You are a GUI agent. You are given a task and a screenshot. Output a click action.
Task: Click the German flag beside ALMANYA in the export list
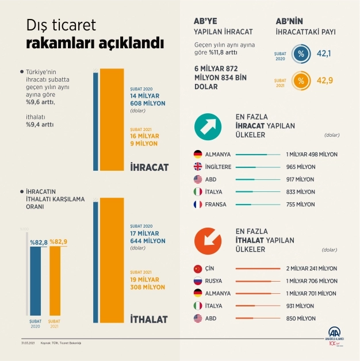pos(197,154)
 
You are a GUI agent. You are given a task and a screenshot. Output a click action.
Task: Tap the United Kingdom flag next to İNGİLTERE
pos(197,167)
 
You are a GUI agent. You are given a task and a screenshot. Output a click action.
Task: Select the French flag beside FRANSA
pos(197,204)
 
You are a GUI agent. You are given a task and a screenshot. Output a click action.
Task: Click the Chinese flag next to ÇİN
pos(197,268)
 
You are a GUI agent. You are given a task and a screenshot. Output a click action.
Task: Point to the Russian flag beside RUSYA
pos(197,281)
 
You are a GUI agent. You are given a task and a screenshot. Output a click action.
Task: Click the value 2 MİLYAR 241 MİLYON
pos(312,268)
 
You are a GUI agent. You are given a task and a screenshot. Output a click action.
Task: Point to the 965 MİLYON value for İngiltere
pos(300,167)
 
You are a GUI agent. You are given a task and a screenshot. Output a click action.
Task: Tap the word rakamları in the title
pos(59,44)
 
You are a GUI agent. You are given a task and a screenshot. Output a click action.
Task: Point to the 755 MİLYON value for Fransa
pos(300,204)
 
